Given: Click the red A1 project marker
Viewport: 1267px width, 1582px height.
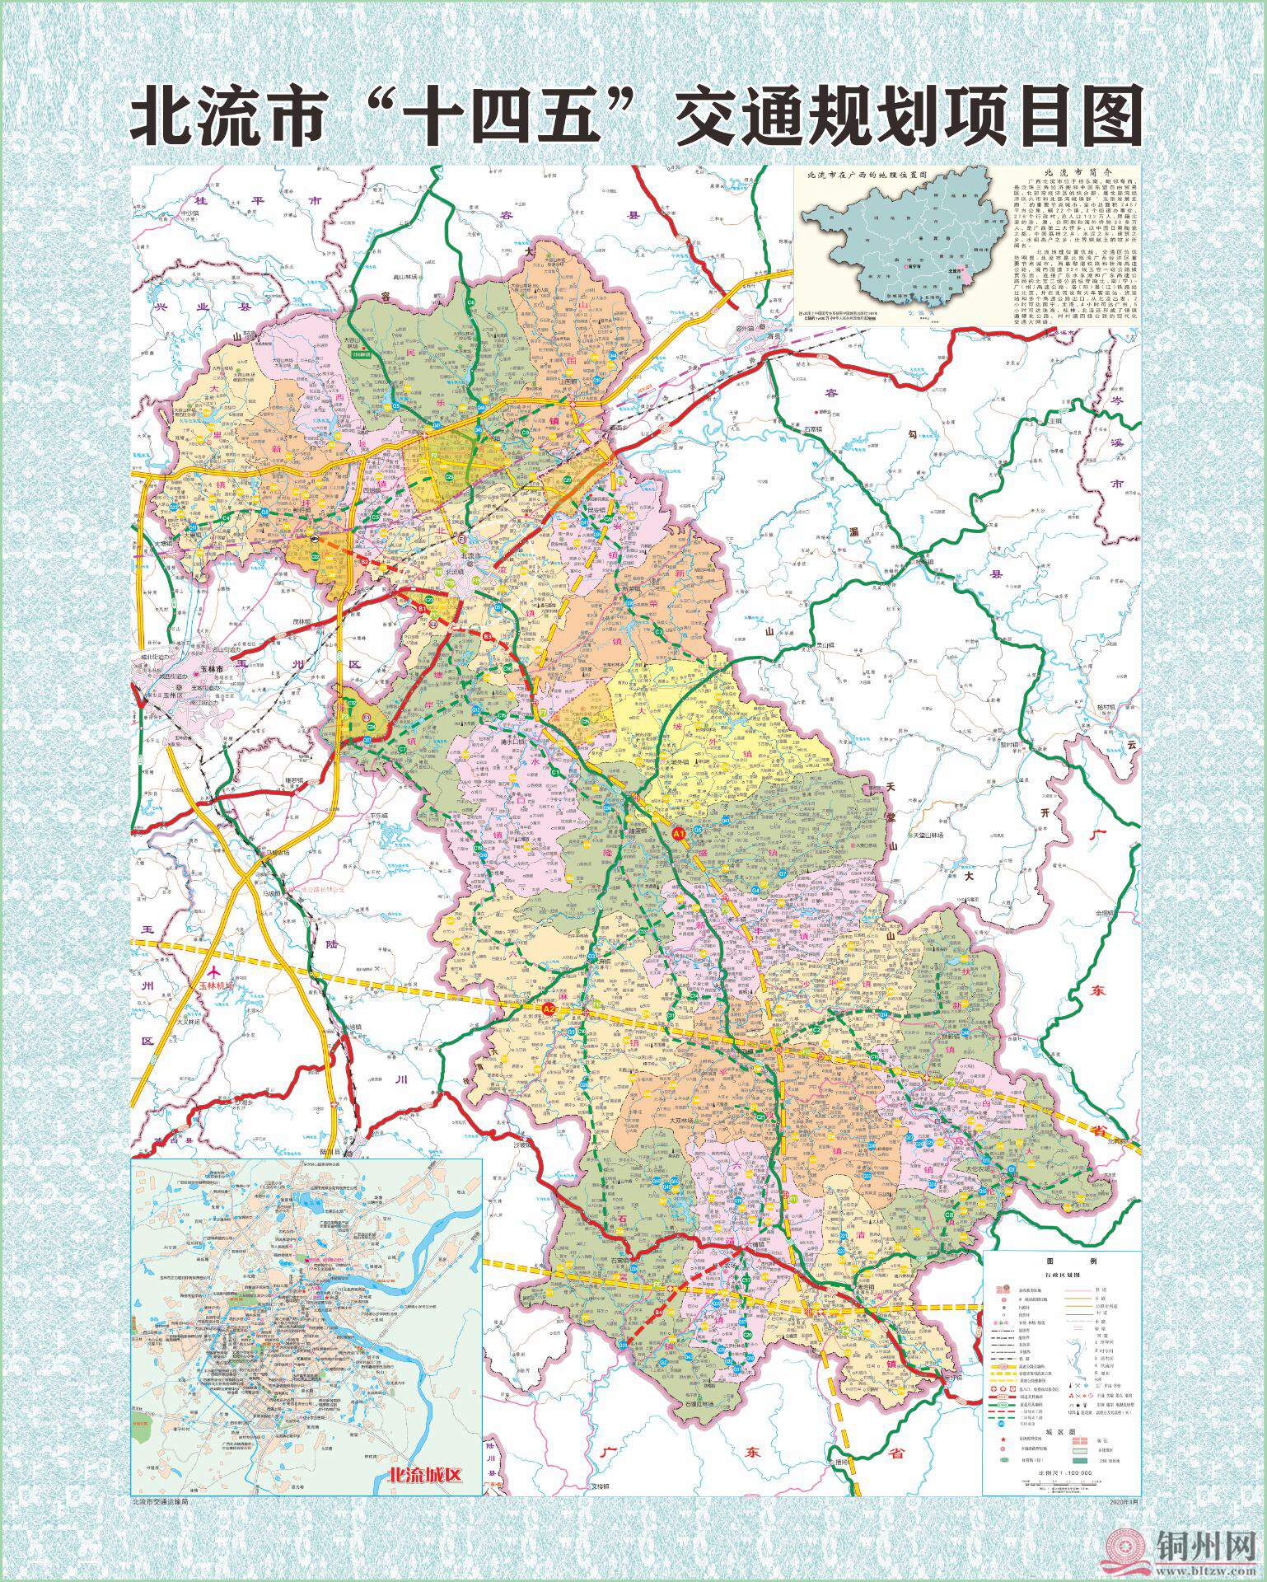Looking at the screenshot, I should coord(680,835).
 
